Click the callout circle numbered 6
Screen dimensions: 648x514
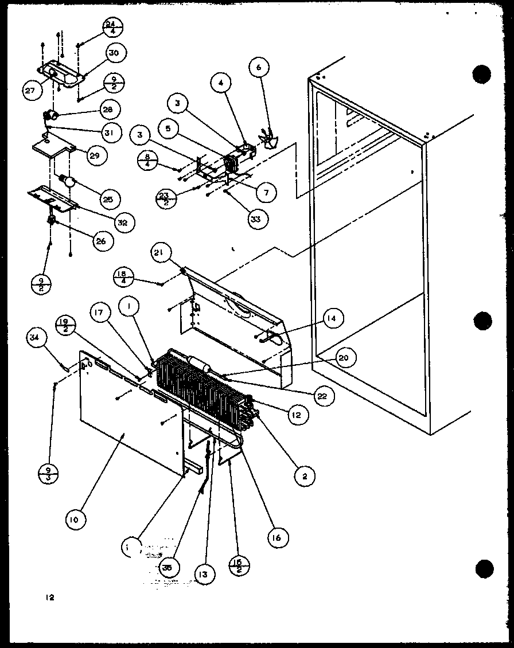tap(258, 67)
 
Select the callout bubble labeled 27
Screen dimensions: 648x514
tap(30, 91)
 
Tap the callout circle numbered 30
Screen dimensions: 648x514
tap(113, 53)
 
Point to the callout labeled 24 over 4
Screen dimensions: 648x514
tap(113, 28)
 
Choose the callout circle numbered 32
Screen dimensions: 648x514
tap(121, 221)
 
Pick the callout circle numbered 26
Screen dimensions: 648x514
tap(100, 241)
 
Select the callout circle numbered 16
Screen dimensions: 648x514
tap(278, 537)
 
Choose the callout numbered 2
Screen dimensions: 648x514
tap(303, 475)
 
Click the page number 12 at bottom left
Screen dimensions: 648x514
tap(50, 598)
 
